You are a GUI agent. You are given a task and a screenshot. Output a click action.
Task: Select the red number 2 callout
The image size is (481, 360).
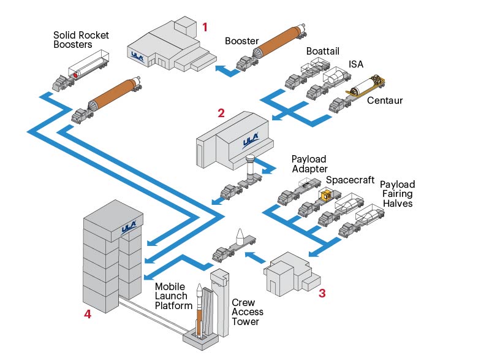(x=221, y=113)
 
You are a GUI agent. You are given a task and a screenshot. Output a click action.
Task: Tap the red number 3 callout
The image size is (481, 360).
(x=322, y=293)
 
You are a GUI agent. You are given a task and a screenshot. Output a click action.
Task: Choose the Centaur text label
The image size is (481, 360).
(x=385, y=101)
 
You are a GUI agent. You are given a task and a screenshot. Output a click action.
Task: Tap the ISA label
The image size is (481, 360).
(x=357, y=64)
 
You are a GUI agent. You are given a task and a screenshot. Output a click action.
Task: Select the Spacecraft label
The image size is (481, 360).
(x=349, y=180)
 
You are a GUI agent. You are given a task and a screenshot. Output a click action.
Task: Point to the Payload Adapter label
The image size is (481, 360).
(x=309, y=164)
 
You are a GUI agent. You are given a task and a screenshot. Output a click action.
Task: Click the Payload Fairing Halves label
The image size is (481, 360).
(x=398, y=194)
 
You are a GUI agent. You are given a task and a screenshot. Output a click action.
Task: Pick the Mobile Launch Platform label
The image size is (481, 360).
(x=173, y=296)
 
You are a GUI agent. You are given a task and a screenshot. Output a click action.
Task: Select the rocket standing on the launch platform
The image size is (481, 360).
(x=199, y=313)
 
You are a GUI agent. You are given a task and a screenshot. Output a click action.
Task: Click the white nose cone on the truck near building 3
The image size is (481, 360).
(x=240, y=236)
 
